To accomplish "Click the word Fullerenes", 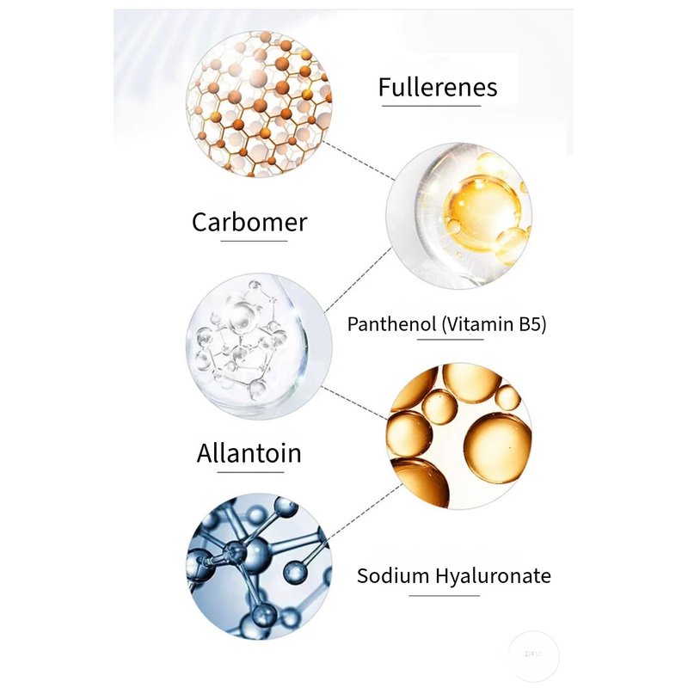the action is click(438, 87).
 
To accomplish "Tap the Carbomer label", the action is click(249, 222).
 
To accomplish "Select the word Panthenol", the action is click(391, 324).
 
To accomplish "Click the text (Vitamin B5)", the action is click(494, 325).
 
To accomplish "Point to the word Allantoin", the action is click(249, 453).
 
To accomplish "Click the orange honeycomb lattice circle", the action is click(259, 104).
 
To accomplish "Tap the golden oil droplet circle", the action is click(459, 216).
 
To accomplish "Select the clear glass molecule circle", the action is click(259, 347).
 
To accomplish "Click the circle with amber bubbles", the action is click(459, 436).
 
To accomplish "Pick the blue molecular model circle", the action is click(259, 566).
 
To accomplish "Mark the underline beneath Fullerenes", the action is click(432, 106).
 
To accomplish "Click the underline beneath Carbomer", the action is click(254, 241).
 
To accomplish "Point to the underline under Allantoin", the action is click(250, 472).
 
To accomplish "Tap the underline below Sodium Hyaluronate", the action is click(444, 595).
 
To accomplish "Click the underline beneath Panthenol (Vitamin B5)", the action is click(450, 339).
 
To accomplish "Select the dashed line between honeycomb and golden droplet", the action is click(359, 161).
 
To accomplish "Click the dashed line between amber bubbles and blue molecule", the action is click(365, 512).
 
